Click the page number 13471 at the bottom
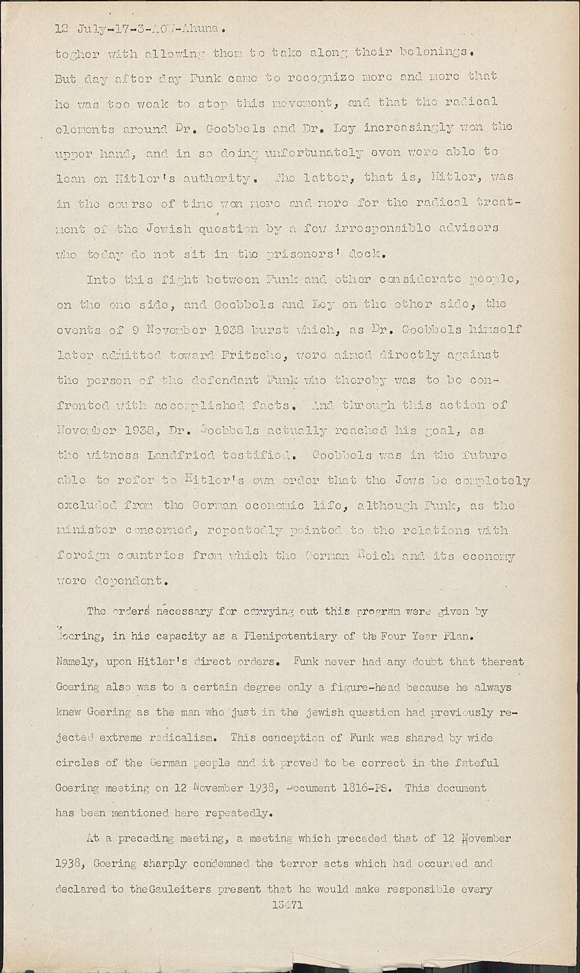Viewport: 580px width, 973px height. [288, 905]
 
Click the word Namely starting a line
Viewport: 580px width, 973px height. [77, 662]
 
